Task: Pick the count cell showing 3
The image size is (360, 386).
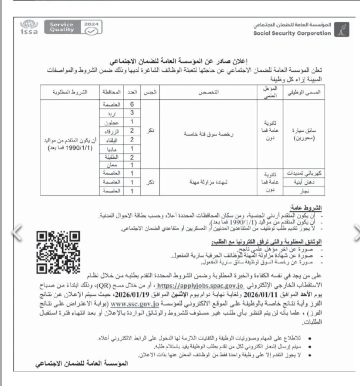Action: tap(132, 113)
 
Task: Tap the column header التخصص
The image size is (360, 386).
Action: tap(212, 92)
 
